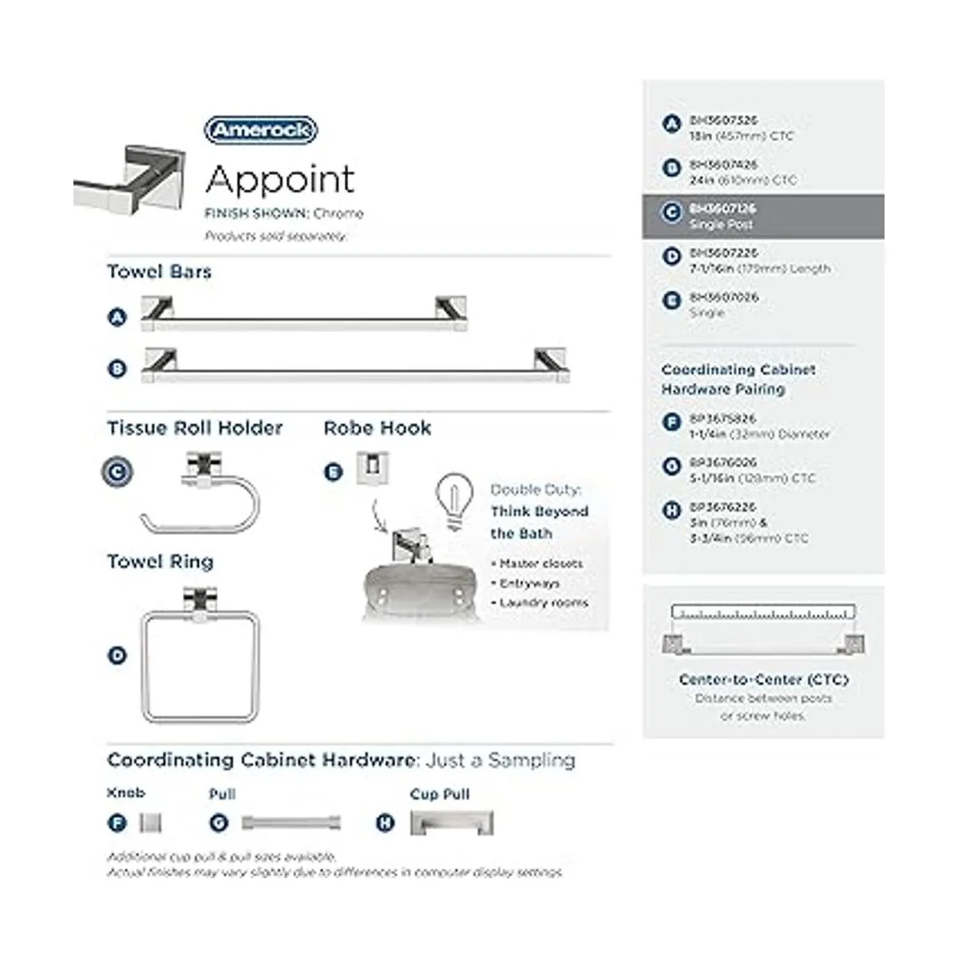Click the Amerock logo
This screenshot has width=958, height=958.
coord(261,130)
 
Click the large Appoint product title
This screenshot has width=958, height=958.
coord(279,180)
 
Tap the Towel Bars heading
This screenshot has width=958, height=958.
coord(160,271)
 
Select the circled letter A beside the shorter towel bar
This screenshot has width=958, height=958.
coord(117,317)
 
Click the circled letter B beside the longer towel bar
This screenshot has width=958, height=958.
coord(117,369)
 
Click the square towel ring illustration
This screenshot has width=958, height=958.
coord(200,659)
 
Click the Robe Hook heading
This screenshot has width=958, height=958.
coord(377,428)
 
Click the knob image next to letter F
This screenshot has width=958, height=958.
coord(150,822)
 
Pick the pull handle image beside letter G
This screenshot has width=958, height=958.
coord(291,822)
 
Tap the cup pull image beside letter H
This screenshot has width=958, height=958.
coord(452,823)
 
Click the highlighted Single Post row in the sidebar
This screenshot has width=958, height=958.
coord(762,216)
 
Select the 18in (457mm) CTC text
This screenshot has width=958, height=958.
coord(742,137)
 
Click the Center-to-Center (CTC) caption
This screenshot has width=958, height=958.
coord(763,679)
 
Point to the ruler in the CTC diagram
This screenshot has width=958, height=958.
coord(763,613)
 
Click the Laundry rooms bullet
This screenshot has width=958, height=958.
coord(543,603)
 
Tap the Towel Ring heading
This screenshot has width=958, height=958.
coord(160,561)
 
